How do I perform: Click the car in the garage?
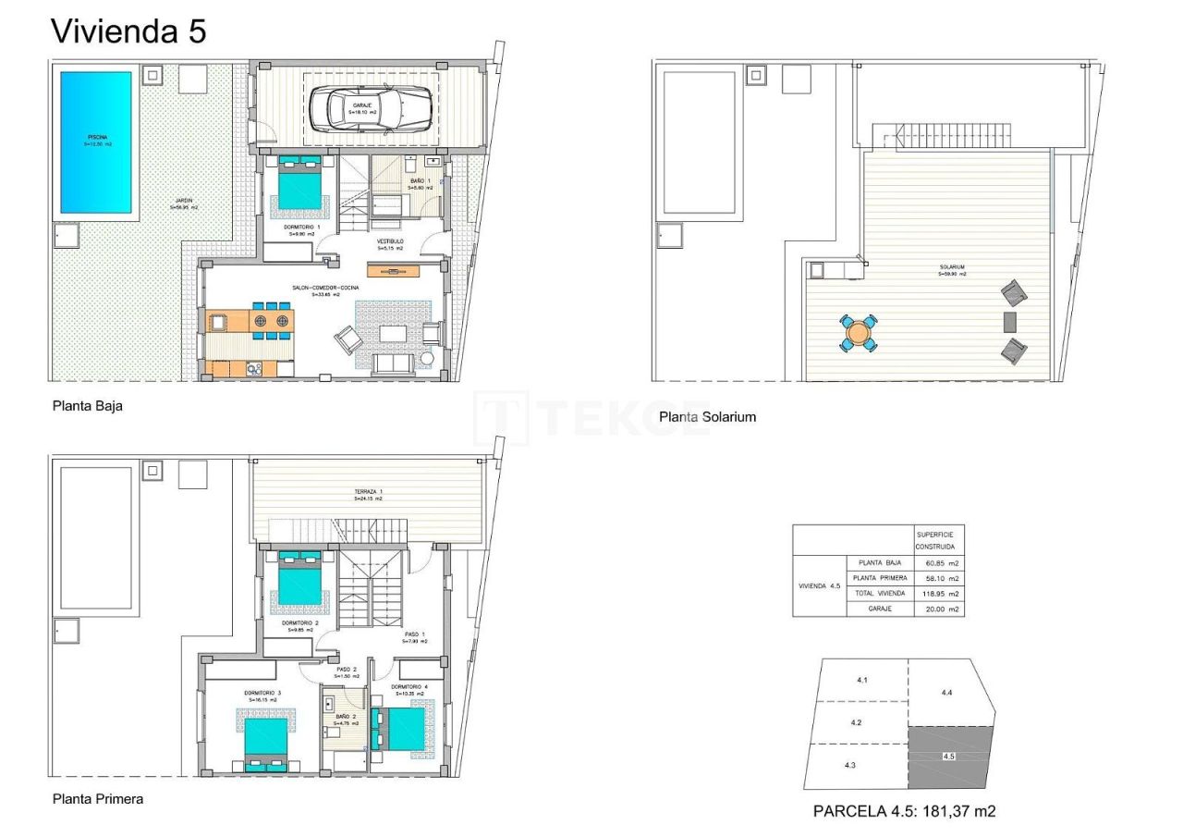[x=371, y=108]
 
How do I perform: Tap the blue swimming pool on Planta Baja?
[x=96, y=142]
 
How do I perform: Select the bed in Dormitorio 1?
[x=301, y=188]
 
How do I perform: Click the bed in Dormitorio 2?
[x=300, y=580]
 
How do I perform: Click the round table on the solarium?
[x=859, y=333]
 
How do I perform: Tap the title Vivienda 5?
[x=128, y=31]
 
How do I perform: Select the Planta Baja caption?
[x=88, y=405]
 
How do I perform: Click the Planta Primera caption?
[x=98, y=798]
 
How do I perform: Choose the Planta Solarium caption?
[x=707, y=417]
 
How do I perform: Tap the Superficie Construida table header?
[x=937, y=540]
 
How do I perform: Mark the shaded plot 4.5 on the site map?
[x=949, y=757]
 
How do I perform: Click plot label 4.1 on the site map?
[x=861, y=681]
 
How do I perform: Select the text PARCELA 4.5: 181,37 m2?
[x=904, y=811]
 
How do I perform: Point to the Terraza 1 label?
[x=367, y=492]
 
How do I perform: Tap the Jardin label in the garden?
[x=183, y=202]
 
